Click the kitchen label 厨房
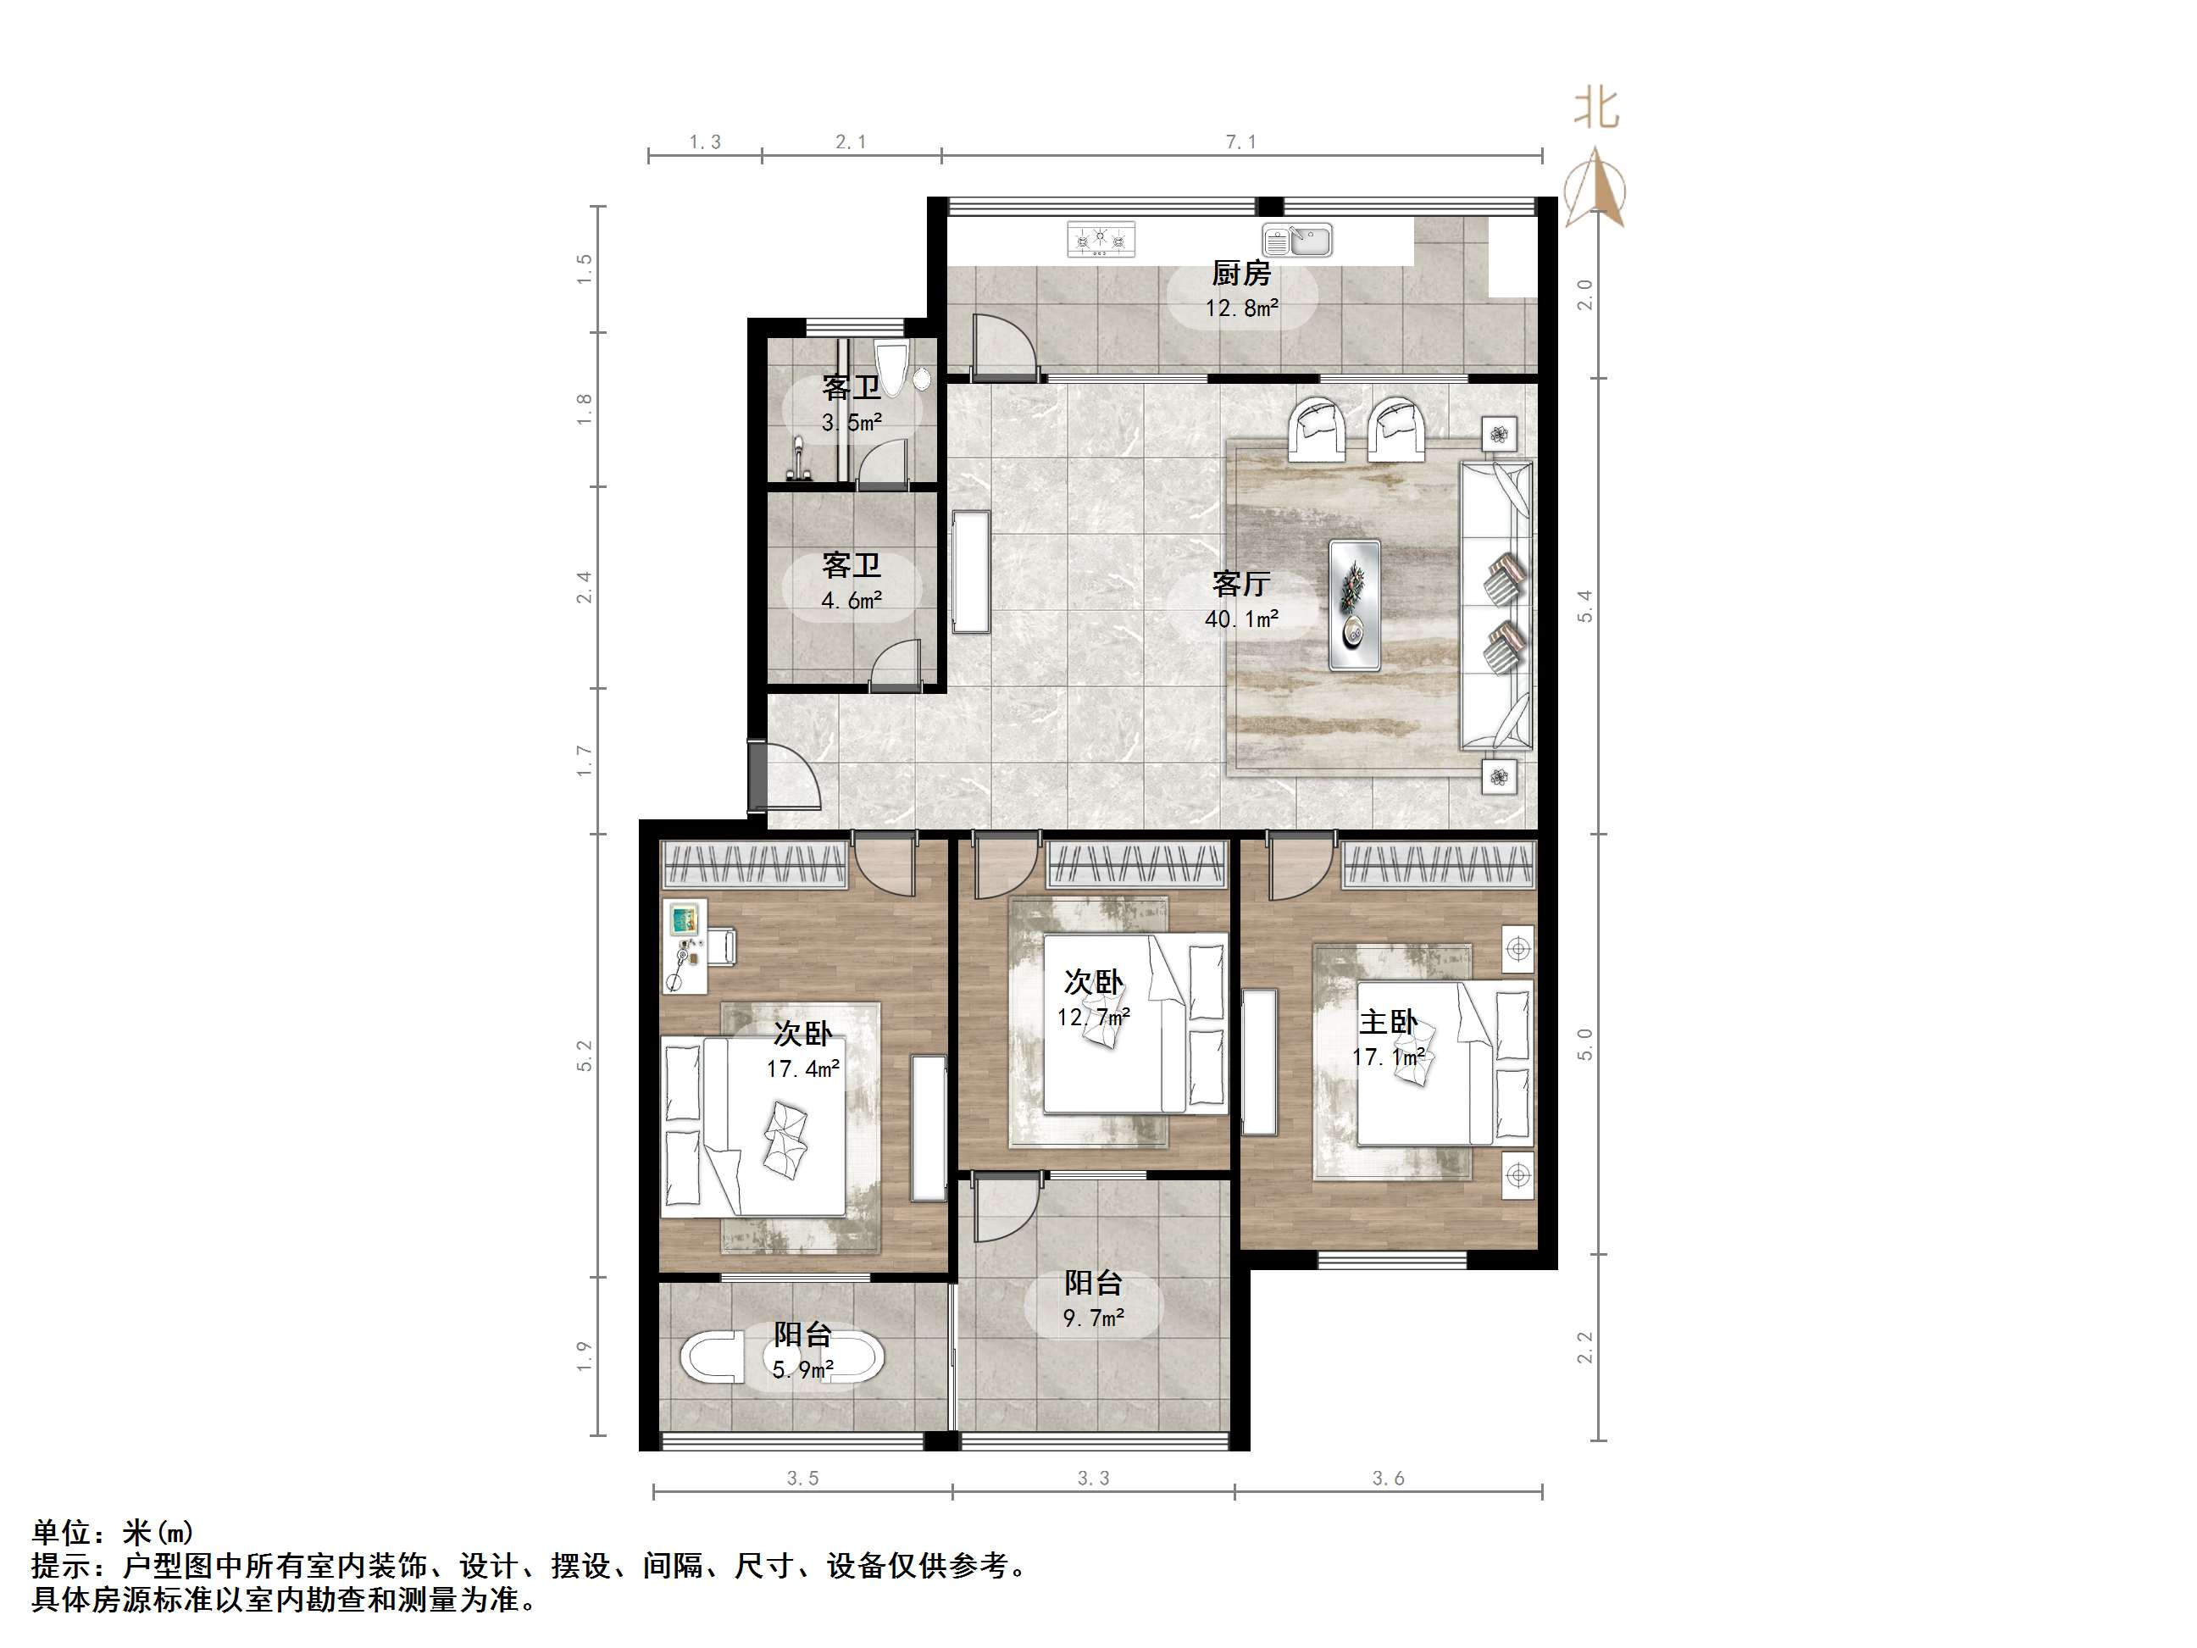coord(1240,273)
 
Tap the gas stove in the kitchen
coord(1101,240)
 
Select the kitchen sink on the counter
coord(1297,240)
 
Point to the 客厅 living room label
coord(1240,583)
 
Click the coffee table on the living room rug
coord(1355,605)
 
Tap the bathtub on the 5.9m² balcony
coord(783,1357)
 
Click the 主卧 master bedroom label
coord(1388,1022)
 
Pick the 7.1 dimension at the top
coord(1240,143)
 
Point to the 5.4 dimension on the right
coord(1585,606)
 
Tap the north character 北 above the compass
coord(1596,108)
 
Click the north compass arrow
coord(1595,189)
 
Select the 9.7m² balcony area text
coord(1094,1318)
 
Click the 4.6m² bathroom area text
coord(852,601)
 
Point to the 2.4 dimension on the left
coord(585,587)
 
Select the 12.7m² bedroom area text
coord(1094,1018)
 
